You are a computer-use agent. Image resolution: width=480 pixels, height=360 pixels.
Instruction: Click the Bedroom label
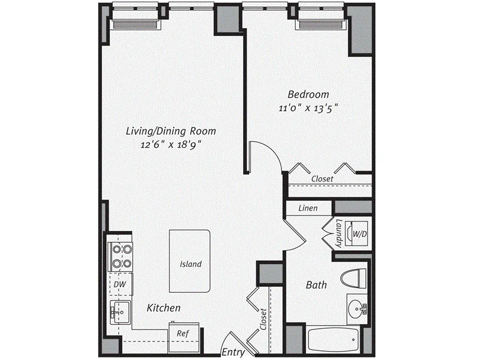(308, 95)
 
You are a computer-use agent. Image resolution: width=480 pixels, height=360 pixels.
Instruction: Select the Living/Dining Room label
(170, 131)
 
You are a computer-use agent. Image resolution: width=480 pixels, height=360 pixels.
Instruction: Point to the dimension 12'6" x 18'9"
(170, 145)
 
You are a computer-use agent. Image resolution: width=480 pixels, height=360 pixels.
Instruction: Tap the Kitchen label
(164, 308)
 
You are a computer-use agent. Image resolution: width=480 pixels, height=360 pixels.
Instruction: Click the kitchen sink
(119, 311)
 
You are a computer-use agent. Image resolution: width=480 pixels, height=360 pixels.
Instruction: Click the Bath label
(317, 285)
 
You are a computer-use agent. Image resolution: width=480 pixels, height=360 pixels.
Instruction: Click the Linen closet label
(308, 208)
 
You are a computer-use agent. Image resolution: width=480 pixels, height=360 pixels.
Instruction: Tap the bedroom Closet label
(322, 179)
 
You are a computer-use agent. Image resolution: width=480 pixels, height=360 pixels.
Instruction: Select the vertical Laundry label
(339, 233)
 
